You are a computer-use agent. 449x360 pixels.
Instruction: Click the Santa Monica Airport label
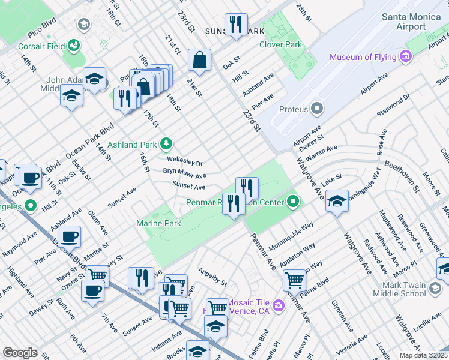412,22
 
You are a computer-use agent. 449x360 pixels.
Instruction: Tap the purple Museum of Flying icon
406,57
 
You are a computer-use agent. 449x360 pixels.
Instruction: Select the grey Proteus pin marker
316,109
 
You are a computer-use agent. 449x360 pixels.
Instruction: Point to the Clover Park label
280,44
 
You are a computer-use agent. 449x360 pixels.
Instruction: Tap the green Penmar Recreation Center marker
293,202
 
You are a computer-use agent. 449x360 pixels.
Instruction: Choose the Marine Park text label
159,223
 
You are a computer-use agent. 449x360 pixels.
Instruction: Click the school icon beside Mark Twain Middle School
435,290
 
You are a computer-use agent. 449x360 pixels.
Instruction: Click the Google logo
20,352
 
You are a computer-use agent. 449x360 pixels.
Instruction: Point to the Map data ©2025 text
423,355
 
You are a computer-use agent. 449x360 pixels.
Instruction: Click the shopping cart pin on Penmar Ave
294,279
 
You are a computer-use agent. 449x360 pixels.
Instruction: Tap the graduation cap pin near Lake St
337,201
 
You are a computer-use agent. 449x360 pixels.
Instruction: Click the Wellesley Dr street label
185,162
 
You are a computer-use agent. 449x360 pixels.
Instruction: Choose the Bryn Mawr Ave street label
185,174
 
